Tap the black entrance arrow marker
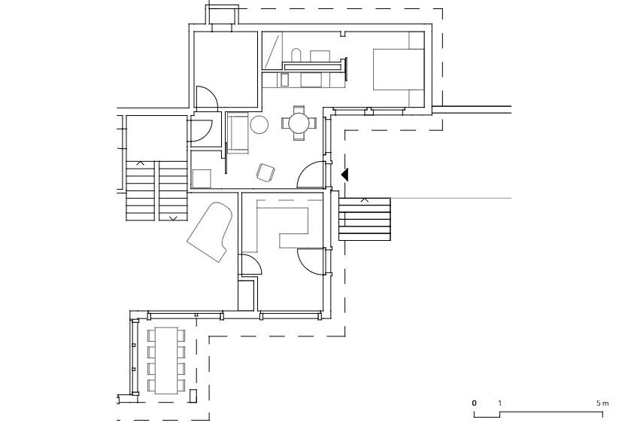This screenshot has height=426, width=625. coord(345,175)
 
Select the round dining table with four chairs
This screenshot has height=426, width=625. coord(299,123)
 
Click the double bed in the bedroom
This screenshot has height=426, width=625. coord(398,69)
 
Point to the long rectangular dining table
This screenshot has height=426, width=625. coord(166,361)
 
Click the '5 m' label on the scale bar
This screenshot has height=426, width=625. coord(602,403)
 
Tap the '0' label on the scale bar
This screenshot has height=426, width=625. coord(474,403)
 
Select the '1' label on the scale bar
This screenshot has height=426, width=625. coord(500,403)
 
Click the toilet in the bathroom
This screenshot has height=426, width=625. coord(296,55)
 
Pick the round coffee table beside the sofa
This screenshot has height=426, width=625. coord(259,124)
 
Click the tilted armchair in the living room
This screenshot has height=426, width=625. coord(265,172)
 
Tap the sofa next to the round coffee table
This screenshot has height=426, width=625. coord(238,133)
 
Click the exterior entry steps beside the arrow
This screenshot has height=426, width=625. coord(364,219)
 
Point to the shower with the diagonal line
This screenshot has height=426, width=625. coord(272,51)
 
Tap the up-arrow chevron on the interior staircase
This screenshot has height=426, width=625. coord(140,163)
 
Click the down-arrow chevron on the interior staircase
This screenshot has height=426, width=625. coord(174,218)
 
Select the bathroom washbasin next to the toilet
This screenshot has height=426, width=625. coord(320,56)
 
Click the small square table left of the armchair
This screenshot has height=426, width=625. coord(202,178)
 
